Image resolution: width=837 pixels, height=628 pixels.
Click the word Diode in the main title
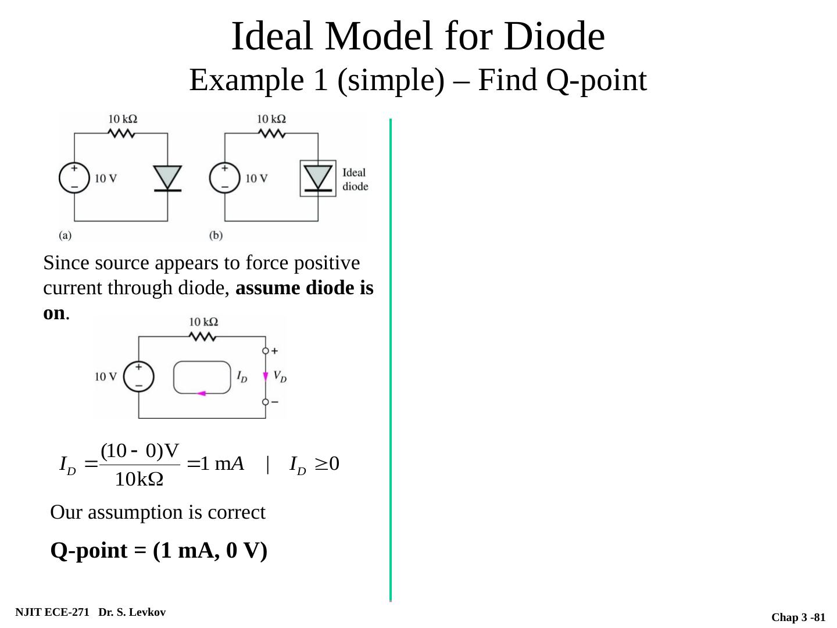[x=555, y=36]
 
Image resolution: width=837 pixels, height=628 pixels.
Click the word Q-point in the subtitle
[x=596, y=80]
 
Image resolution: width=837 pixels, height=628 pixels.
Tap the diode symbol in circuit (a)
[x=167, y=178]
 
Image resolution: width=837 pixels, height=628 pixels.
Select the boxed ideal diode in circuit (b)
[x=318, y=178]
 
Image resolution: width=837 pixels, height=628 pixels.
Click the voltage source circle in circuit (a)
[x=74, y=177]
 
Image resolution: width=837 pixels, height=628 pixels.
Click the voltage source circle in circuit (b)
[x=224, y=177]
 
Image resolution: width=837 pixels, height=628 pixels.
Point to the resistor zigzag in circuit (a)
[x=121, y=133]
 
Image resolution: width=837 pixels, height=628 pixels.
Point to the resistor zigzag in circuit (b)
[x=271, y=133]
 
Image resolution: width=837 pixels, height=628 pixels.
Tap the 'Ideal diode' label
[x=355, y=179]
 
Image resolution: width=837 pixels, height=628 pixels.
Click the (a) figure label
[x=65, y=235]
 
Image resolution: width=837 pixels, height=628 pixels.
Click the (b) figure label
[x=216, y=235]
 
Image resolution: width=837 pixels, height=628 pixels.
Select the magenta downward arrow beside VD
[x=266, y=376]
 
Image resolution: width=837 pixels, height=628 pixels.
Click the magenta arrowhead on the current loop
[x=201, y=394]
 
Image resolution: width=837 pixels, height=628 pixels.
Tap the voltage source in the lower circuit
[x=139, y=376]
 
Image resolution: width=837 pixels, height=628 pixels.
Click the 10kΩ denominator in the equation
[x=139, y=480]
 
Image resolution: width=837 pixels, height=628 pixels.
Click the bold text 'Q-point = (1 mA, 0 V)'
[x=159, y=550]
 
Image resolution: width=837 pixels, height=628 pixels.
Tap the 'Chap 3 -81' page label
[x=798, y=618]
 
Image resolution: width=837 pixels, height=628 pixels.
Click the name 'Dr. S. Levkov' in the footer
[x=132, y=612]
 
